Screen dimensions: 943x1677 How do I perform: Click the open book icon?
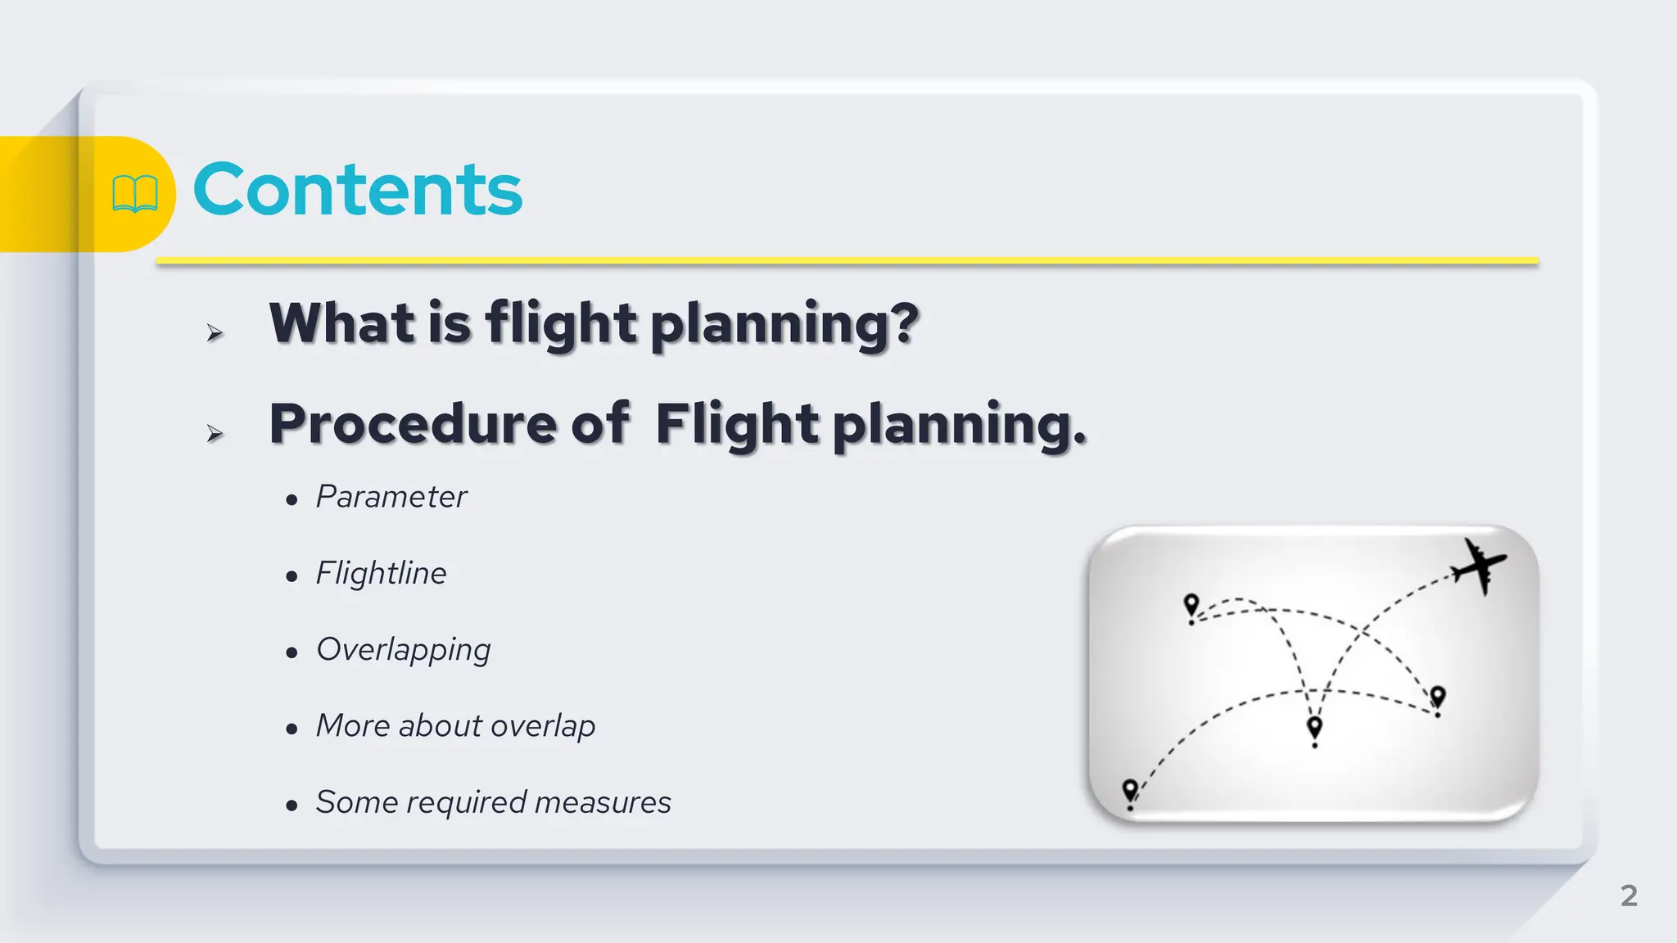click(134, 194)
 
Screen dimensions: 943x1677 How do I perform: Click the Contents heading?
click(357, 190)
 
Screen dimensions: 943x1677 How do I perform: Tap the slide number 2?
click(1629, 896)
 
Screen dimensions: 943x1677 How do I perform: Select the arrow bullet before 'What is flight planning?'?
click(215, 332)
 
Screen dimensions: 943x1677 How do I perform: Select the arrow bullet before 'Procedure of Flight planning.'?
click(215, 433)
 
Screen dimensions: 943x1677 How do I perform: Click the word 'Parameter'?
click(391, 497)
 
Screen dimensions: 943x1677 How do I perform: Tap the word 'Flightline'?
click(382, 573)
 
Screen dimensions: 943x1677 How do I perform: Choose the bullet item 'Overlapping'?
click(403, 650)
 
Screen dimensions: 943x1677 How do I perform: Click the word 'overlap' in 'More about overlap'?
click(543, 726)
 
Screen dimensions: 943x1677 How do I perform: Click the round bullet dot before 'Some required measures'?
click(292, 805)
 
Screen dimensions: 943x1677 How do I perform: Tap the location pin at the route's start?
click(1130, 791)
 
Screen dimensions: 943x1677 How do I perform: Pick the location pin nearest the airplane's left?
click(1191, 606)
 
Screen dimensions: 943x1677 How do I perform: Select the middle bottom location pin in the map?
click(1314, 727)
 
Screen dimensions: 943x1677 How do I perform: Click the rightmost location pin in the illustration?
click(1438, 697)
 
